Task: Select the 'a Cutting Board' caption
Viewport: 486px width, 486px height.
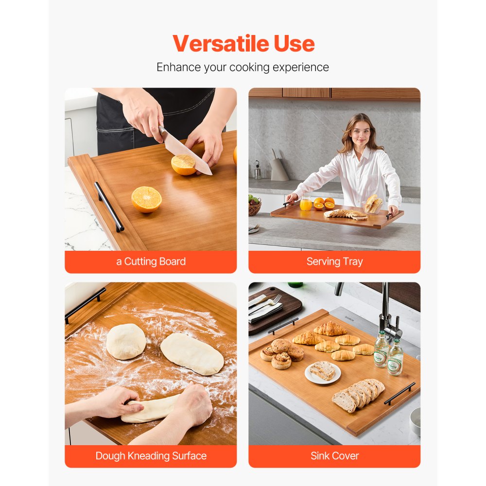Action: point(151,261)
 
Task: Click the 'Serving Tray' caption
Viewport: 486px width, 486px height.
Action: point(334,261)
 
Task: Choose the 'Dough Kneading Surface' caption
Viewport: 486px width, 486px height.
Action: point(151,456)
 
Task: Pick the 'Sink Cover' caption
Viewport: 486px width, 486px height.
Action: point(334,456)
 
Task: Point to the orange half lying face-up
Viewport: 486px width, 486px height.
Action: point(146,199)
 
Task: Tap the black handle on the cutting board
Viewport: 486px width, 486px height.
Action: point(109,207)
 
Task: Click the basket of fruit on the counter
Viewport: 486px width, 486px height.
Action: point(254,206)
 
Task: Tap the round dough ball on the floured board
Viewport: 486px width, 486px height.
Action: point(126,341)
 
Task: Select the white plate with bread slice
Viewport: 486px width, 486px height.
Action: point(323,372)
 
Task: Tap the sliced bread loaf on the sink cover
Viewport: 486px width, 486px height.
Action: point(358,394)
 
